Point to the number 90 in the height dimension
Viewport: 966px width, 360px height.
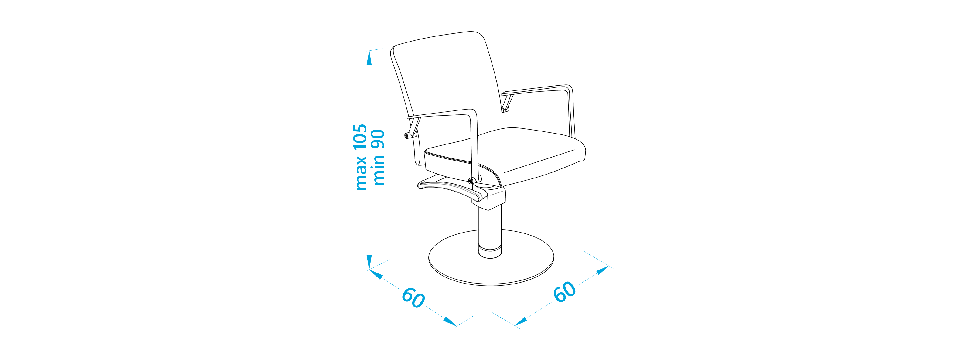[378, 140]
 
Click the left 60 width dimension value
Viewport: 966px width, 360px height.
[413, 298]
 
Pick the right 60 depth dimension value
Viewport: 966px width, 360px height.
[565, 291]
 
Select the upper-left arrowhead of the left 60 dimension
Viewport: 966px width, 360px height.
[376, 274]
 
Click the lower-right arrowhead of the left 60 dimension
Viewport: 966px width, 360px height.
[450, 321]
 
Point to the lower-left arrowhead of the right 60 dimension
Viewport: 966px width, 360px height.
[521, 321]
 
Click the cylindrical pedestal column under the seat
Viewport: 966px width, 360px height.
[490, 229]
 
